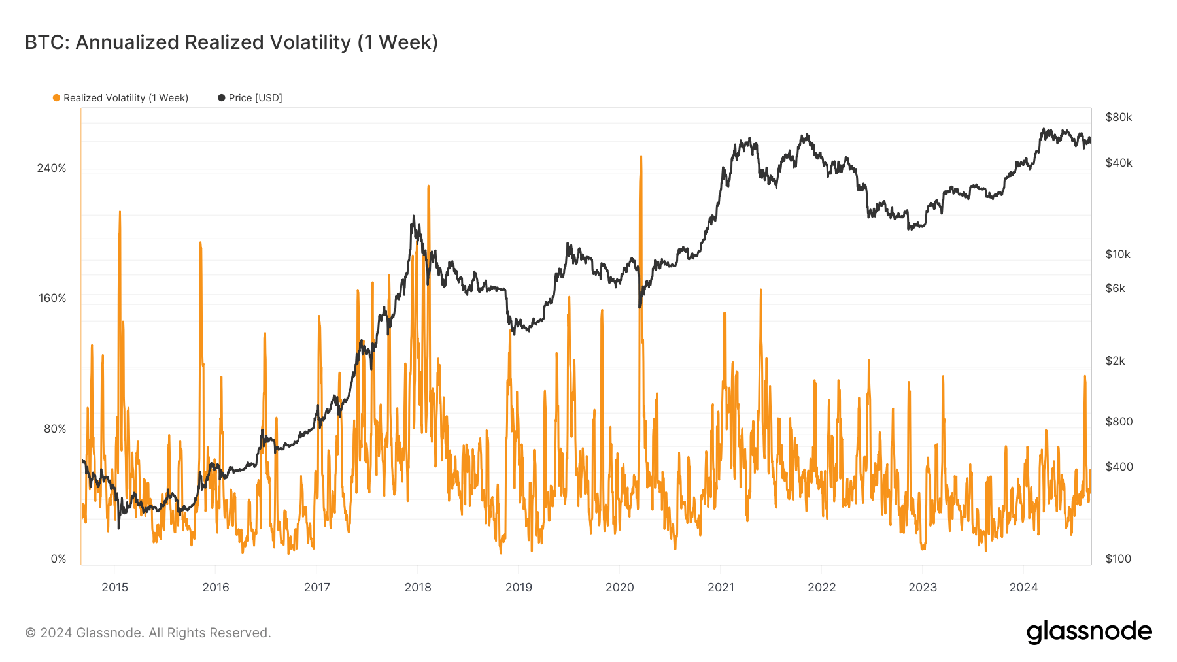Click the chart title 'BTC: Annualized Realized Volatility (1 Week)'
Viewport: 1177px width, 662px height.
point(231,42)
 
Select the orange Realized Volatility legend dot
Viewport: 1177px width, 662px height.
point(57,98)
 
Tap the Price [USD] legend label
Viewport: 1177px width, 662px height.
point(255,98)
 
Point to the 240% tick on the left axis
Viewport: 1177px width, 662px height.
point(52,168)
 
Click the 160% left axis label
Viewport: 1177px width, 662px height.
point(52,298)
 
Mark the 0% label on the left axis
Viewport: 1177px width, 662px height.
point(58,559)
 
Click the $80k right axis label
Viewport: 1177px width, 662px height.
point(1118,117)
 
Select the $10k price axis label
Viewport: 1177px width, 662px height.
point(1117,254)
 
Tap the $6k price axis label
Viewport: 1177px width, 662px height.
point(1115,288)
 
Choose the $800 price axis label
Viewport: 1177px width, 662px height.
point(1119,422)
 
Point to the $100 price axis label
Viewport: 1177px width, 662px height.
point(1118,559)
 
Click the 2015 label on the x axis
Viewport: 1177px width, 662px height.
point(114,587)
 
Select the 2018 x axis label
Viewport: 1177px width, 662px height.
point(418,587)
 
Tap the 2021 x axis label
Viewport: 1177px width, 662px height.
point(721,587)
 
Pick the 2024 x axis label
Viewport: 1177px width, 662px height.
point(1023,587)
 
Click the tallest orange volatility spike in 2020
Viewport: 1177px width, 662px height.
point(641,157)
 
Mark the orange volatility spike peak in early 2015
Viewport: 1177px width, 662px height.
point(120,212)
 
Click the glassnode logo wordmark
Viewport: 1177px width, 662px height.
point(1089,632)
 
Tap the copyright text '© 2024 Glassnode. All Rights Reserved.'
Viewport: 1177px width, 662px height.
point(148,633)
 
